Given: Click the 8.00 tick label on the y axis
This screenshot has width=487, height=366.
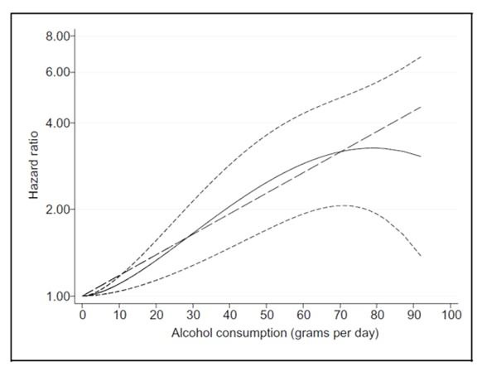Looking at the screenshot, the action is click(57, 36).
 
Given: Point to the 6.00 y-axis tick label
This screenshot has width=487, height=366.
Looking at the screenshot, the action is click(57, 72).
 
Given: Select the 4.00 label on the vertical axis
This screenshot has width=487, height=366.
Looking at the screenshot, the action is click(57, 123).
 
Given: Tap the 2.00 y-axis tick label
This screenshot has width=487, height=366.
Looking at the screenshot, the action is click(57, 209).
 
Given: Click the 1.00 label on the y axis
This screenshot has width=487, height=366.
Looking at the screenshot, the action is click(57, 296).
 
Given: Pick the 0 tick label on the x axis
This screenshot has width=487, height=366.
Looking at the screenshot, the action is click(83, 315).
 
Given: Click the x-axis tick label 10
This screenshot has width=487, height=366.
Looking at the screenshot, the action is click(119, 315).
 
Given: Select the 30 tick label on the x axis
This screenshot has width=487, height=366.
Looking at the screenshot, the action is click(193, 315).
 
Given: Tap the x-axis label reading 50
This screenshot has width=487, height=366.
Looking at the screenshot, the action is click(267, 315).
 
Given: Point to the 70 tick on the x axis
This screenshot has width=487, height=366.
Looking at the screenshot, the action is click(340, 315).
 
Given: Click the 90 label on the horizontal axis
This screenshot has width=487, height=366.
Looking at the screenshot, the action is click(414, 315).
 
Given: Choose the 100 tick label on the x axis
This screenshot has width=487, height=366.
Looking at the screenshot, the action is click(451, 315).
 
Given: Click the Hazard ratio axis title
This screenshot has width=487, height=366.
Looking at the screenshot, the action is click(33, 165).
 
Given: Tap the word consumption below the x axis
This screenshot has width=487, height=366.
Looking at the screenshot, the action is click(251, 334).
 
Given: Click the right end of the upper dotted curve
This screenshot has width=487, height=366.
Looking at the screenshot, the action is click(421, 57).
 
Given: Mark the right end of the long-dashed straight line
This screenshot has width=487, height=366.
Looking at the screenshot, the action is click(421, 107).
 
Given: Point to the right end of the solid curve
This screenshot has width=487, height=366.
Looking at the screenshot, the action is click(421, 157).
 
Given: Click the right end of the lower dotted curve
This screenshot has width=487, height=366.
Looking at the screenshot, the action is click(421, 256).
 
